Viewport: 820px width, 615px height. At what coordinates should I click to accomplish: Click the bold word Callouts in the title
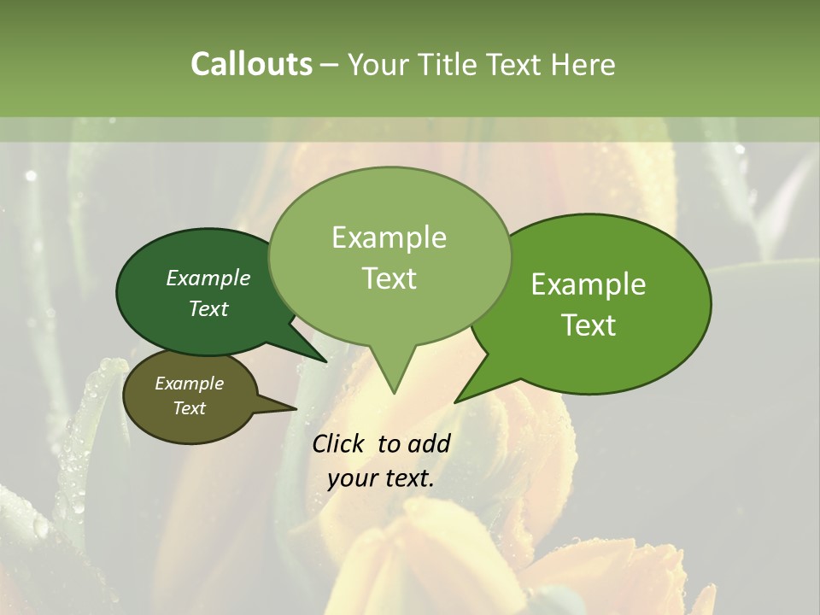(x=251, y=64)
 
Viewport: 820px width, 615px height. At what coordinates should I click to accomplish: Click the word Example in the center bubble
(x=389, y=237)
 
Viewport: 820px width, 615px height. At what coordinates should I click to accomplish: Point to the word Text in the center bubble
(x=389, y=278)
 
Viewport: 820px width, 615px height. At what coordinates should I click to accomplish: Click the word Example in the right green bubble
(x=589, y=284)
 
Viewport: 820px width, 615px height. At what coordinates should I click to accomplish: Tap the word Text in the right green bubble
(x=589, y=325)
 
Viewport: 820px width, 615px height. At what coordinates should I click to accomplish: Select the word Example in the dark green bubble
(x=208, y=278)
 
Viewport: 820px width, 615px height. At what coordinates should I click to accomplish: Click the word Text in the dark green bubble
(x=208, y=308)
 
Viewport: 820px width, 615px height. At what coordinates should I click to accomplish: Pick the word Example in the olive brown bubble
(x=190, y=384)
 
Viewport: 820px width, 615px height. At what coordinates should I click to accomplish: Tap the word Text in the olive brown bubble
(x=190, y=408)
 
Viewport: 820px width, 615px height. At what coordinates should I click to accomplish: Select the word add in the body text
(x=429, y=443)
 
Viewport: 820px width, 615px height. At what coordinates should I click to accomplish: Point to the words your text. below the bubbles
(x=381, y=478)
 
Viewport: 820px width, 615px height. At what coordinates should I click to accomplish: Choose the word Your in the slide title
(x=375, y=64)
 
